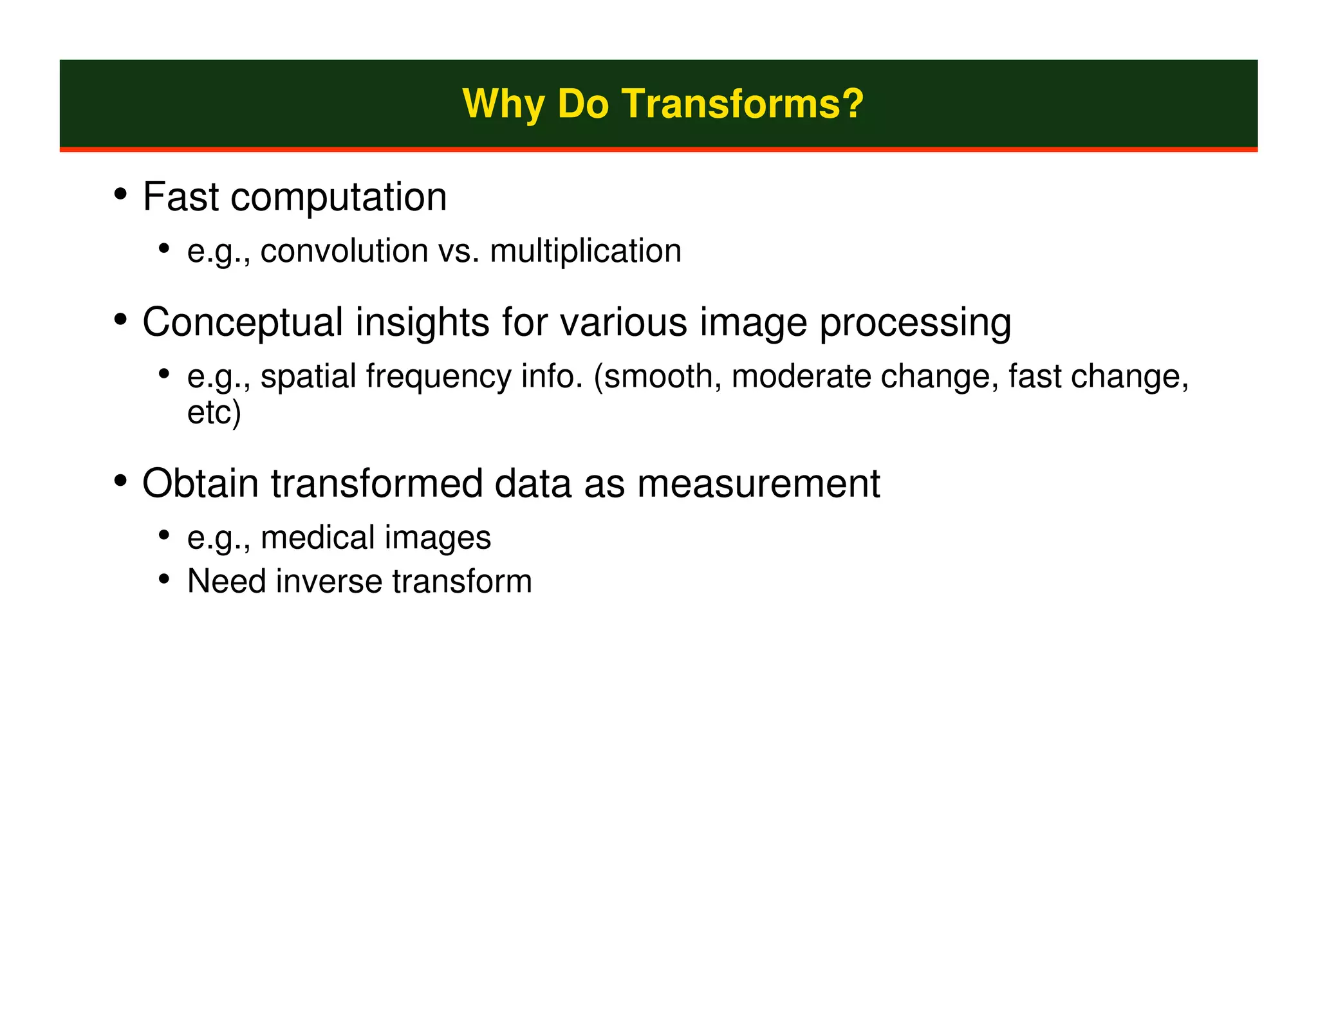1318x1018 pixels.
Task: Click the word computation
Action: [339, 198]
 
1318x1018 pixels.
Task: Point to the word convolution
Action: [344, 251]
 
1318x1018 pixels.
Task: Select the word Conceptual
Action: [243, 322]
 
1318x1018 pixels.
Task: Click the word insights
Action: [422, 322]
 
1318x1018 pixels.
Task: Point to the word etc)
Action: [214, 412]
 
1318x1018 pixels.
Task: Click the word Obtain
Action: [200, 483]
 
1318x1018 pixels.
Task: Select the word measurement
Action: [758, 485]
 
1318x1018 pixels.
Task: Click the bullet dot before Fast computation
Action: [120, 195]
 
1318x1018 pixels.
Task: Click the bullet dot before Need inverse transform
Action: [164, 580]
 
